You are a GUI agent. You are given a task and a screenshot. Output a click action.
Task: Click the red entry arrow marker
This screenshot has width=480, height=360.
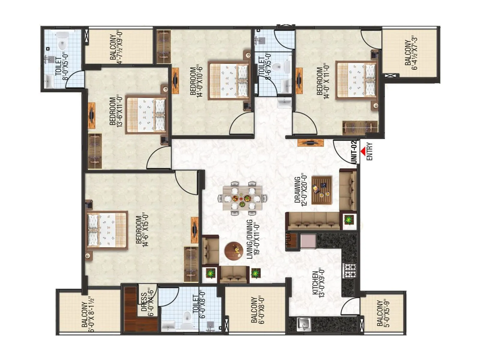coord(363,151)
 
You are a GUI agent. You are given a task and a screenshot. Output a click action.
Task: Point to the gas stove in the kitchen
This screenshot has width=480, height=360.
coord(350,270)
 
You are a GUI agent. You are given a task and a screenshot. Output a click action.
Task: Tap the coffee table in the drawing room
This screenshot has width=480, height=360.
coord(322,190)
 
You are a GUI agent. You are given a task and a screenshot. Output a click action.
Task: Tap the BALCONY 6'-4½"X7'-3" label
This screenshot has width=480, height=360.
coord(411,53)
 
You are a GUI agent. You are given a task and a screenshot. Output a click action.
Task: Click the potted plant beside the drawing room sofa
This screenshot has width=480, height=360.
coord(348,220)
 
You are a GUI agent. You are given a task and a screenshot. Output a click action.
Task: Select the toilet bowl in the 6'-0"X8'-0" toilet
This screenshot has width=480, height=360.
coord(187,318)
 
